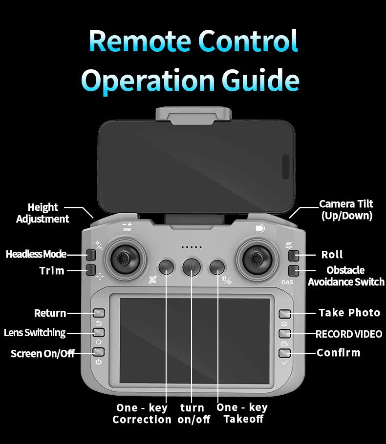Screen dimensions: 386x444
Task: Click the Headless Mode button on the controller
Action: tap(91, 255)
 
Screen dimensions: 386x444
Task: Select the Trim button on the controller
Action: tap(91, 270)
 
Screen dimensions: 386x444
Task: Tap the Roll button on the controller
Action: tap(294, 255)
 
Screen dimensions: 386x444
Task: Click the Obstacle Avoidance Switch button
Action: tap(294, 271)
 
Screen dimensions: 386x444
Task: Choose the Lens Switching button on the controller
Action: tap(99, 332)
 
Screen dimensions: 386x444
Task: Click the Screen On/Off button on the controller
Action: tap(99, 352)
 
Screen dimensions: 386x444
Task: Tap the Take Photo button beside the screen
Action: tap(285, 314)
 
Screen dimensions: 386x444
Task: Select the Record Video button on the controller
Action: tap(285, 333)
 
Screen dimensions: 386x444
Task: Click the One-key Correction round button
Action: tap(166, 267)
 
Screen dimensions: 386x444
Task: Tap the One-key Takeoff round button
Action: tap(217, 267)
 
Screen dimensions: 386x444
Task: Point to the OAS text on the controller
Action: tap(287, 282)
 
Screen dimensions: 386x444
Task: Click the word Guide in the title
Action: tap(260, 80)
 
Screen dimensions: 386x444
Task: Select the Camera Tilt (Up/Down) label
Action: tap(346, 210)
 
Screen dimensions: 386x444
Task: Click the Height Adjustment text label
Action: tap(43, 213)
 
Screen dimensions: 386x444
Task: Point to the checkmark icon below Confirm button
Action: tap(284, 363)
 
